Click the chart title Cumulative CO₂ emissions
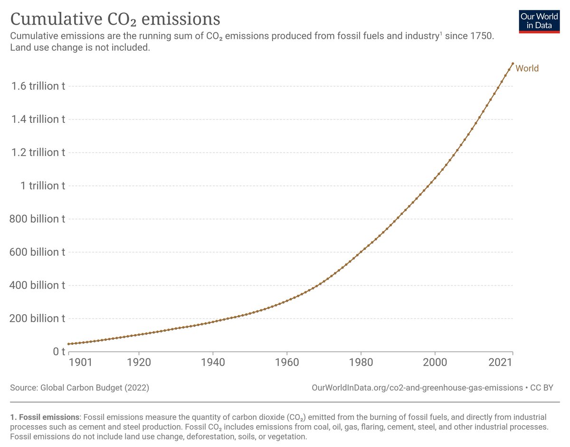(115, 19)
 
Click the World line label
(527, 68)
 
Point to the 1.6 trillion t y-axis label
(38, 86)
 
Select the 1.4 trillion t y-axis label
(38, 120)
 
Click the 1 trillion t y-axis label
(43, 186)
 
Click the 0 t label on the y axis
(58, 352)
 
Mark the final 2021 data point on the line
(513, 63)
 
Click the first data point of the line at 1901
(69, 344)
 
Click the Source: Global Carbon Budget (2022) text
(80, 388)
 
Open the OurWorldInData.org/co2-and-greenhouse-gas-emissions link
(417, 388)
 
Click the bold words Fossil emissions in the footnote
(45, 417)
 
